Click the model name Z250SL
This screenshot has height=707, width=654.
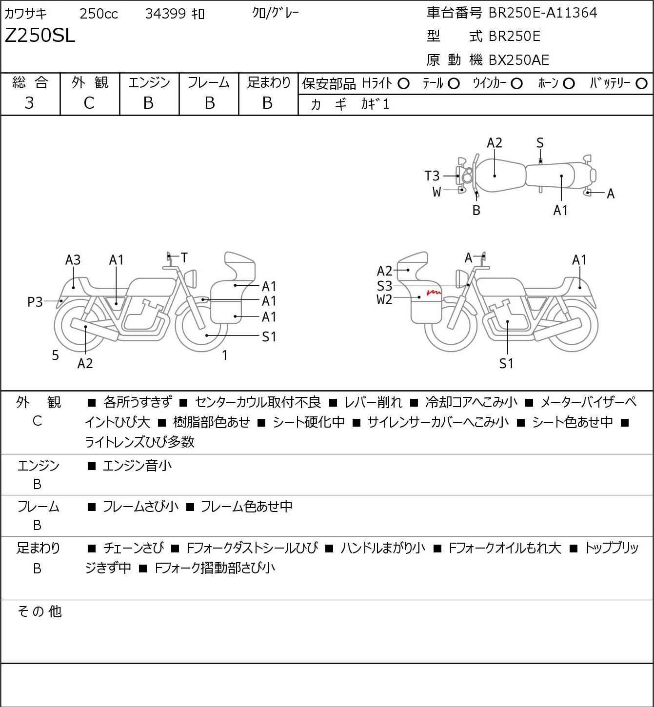click(x=40, y=36)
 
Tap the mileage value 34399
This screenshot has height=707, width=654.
click(x=166, y=14)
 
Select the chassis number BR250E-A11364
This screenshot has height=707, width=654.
click(x=542, y=13)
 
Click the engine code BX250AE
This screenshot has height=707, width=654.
click(x=518, y=60)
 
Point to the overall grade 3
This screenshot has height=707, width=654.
click(x=29, y=103)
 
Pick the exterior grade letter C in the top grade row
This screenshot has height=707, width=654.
click(x=89, y=103)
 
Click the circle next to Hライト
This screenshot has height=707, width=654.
click(x=403, y=84)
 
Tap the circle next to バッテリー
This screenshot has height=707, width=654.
click(x=641, y=84)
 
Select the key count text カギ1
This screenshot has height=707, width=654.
click(x=375, y=104)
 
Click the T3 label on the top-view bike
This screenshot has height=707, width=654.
click(x=432, y=176)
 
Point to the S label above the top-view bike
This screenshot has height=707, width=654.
click(x=540, y=143)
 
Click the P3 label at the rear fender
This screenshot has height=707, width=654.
click(x=35, y=302)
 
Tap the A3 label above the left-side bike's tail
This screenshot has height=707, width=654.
click(x=73, y=260)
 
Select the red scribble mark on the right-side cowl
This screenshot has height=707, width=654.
click(x=434, y=293)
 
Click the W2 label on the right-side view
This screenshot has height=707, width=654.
click(x=384, y=300)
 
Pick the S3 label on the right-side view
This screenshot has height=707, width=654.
click(x=385, y=286)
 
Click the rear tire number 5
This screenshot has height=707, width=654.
click(x=55, y=355)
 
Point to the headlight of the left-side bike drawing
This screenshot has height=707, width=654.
click(x=192, y=279)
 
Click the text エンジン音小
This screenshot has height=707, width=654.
click(x=137, y=466)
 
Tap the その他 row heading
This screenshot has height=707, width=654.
click(x=40, y=611)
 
